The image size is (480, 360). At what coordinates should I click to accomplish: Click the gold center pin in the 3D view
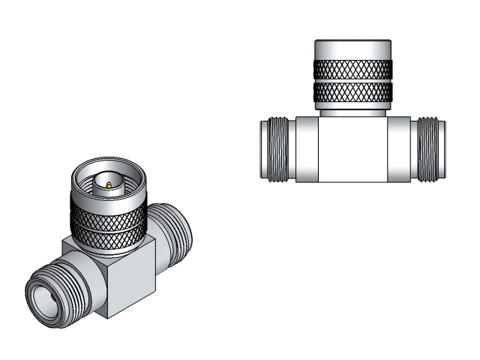pos(108,184)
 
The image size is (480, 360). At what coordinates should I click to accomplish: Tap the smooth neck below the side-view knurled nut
pos(352,109)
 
